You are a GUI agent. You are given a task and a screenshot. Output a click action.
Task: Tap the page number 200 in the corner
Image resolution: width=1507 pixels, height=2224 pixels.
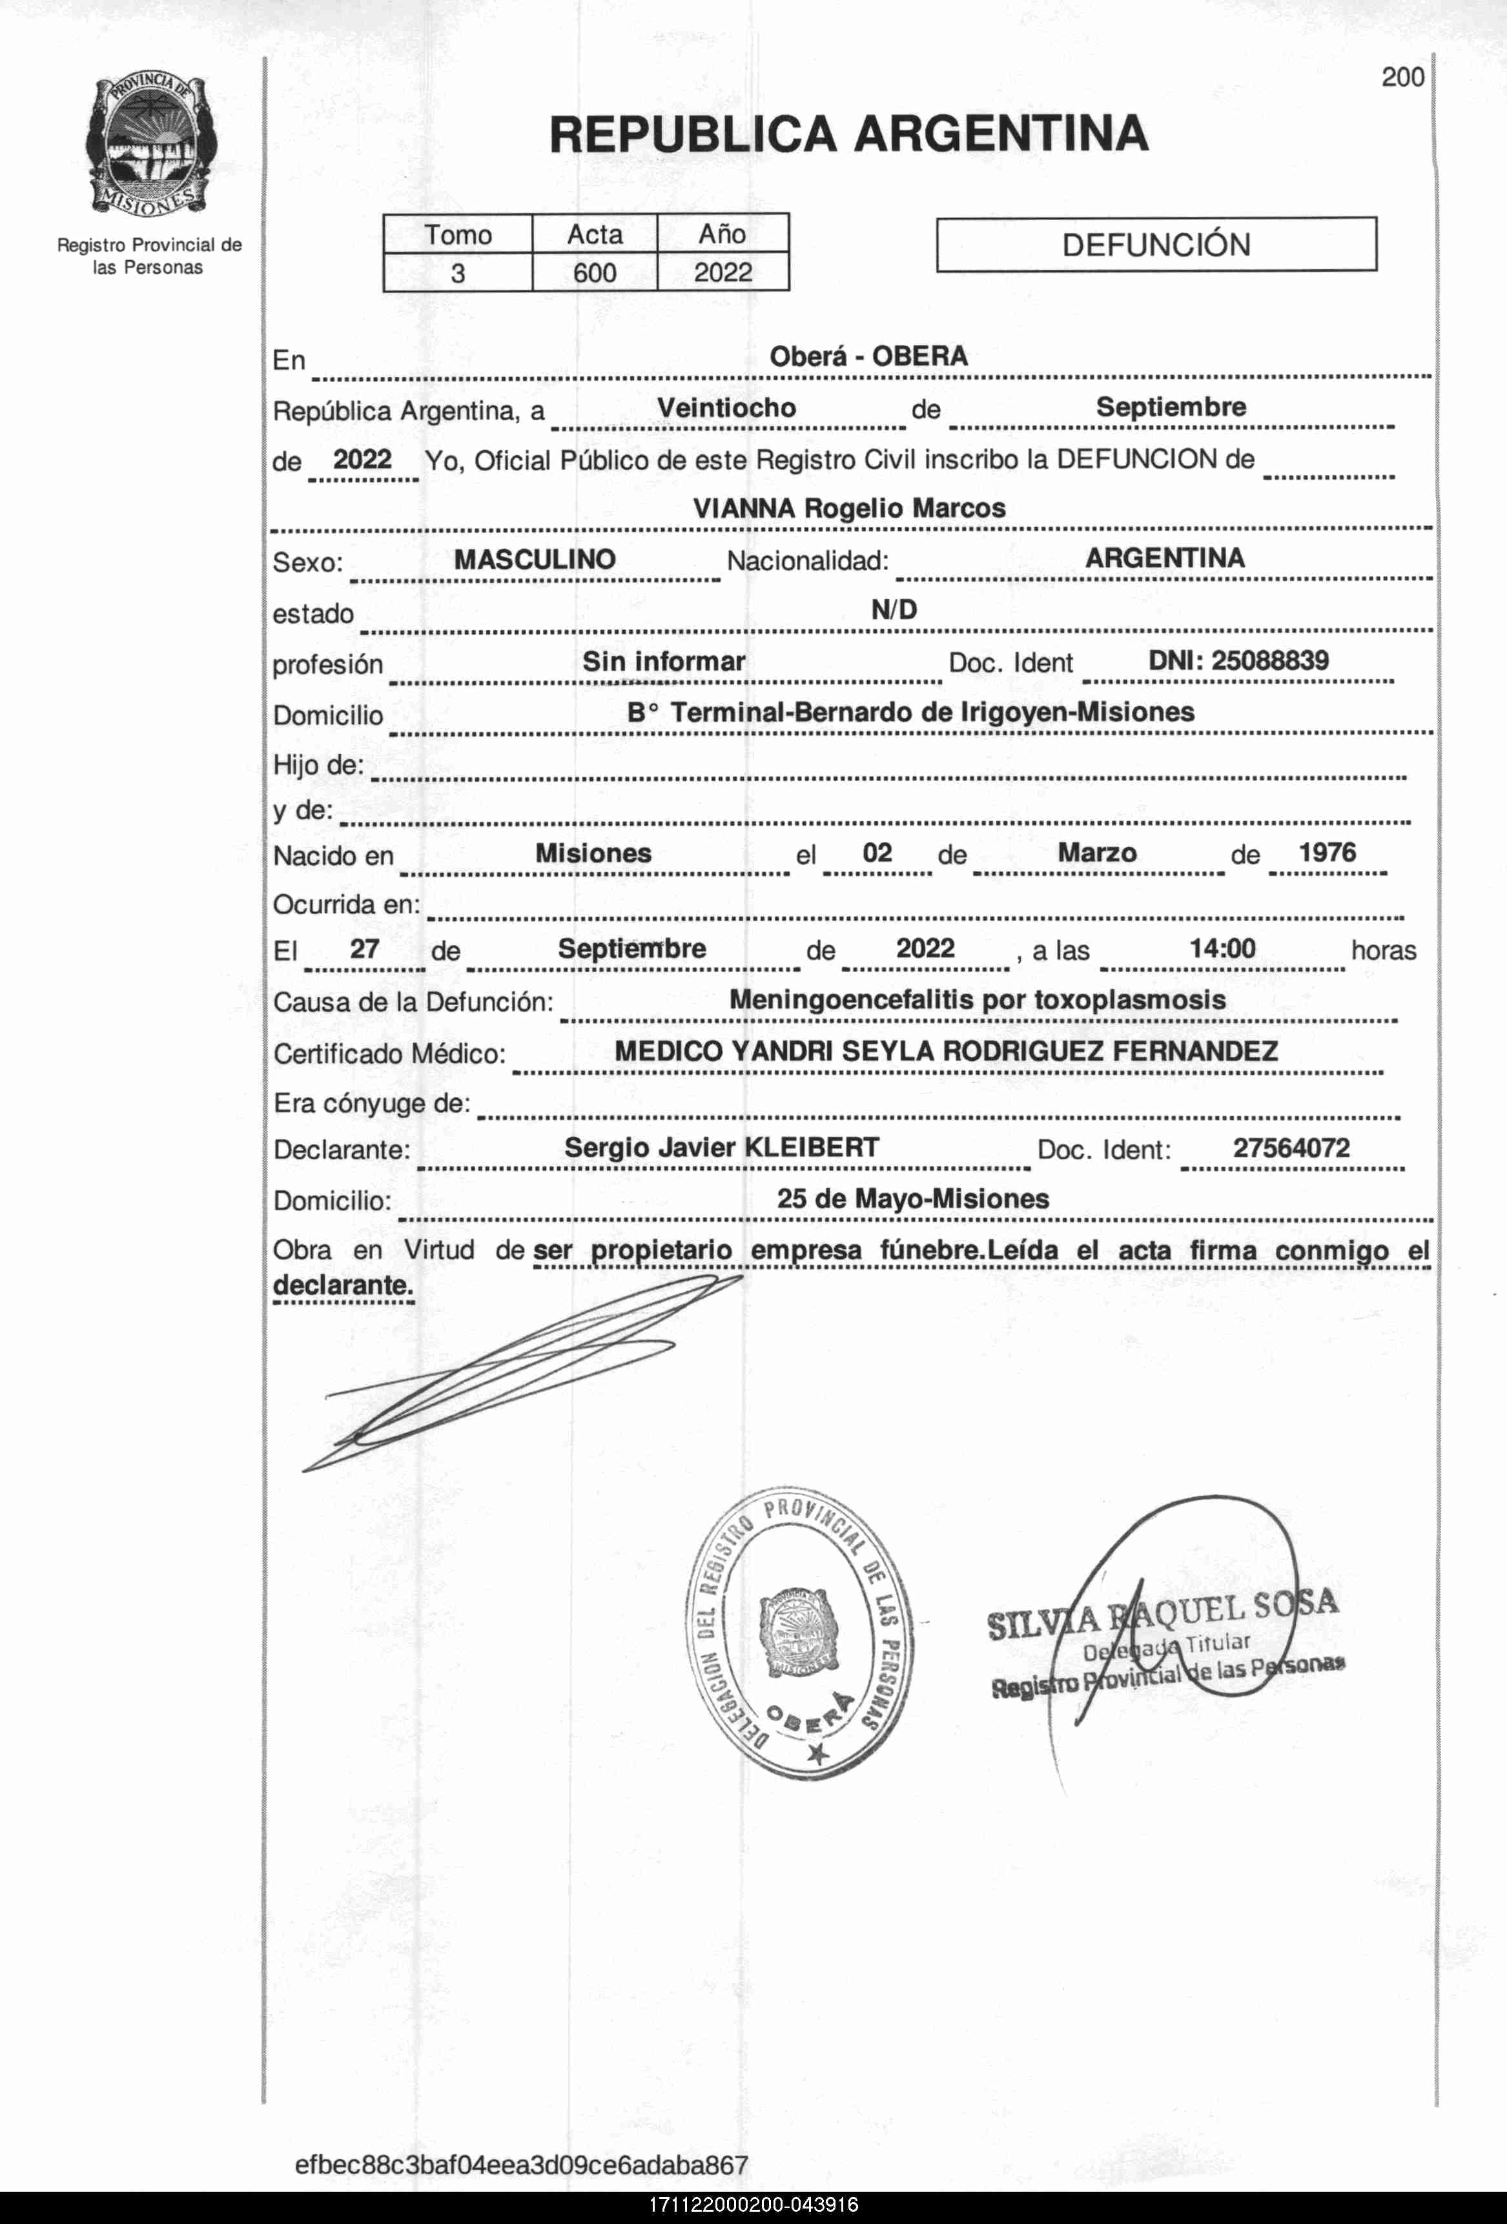click(x=1402, y=77)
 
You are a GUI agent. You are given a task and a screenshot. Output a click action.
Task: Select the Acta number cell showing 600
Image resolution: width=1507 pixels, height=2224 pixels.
click(x=594, y=272)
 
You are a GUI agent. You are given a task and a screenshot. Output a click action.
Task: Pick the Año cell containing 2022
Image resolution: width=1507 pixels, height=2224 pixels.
click(x=723, y=272)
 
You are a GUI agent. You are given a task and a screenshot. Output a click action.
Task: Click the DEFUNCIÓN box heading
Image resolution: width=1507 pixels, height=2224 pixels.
click(x=1155, y=245)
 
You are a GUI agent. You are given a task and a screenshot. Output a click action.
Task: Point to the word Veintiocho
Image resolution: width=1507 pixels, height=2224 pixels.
click(x=726, y=407)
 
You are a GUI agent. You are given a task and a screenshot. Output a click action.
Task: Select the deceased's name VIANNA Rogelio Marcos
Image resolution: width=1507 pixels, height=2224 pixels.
click(x=848, y=508)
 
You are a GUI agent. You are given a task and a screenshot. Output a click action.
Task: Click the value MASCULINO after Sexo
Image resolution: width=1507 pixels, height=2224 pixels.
click(x=534, y=560)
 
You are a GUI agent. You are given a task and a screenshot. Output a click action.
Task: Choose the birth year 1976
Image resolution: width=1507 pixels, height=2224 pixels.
click(x=1326, y=853)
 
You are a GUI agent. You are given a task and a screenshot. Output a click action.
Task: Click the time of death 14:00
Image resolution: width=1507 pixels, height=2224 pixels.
click(x=1222, y=948)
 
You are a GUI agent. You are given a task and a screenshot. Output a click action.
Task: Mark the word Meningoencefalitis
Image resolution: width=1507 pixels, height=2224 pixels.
click(x=852, y=1000)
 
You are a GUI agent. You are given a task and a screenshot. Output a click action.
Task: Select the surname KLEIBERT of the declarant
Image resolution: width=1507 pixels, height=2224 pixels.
click(x=812, y=1147)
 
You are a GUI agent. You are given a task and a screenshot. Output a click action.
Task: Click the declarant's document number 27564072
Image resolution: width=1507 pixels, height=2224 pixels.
click(x=1291, y=1147)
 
